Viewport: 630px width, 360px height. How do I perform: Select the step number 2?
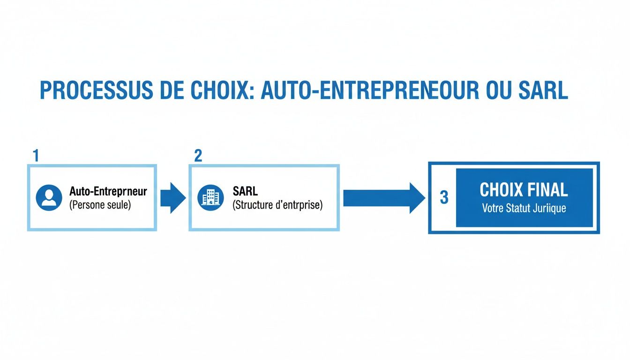pyautogui.click(x=198, y=156)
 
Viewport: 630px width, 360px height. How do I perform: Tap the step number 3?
pyautogui.click(x=443, y=198)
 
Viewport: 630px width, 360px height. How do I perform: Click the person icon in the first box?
pyautogui.click(x=49, y=198)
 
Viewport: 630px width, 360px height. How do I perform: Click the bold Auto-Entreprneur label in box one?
pyautogui.click(x=108, y=191)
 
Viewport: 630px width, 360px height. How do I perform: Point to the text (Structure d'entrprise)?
pyautogui.click(x=277, y=205)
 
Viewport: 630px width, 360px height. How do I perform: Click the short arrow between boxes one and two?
pyautogui.click(x=172, y=198)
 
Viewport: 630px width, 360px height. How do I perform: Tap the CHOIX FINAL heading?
pyautogui.click(x=524, y=190)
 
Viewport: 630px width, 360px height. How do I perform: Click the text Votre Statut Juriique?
pyautogui.click(x=524, y=208)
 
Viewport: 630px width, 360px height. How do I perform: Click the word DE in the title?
pyautogui.click(x=171, y=91)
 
